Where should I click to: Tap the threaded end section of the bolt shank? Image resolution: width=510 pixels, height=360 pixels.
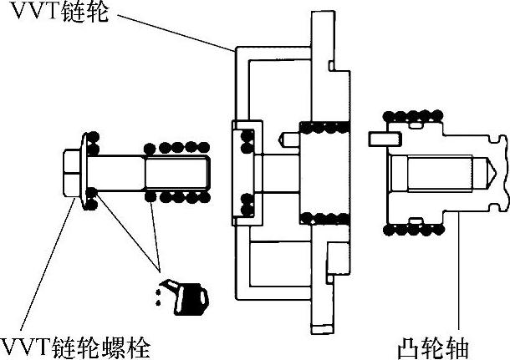(175, 174)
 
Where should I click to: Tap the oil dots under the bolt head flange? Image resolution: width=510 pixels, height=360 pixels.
(90, 199)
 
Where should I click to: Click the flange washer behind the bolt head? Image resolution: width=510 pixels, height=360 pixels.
(86, 173)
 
